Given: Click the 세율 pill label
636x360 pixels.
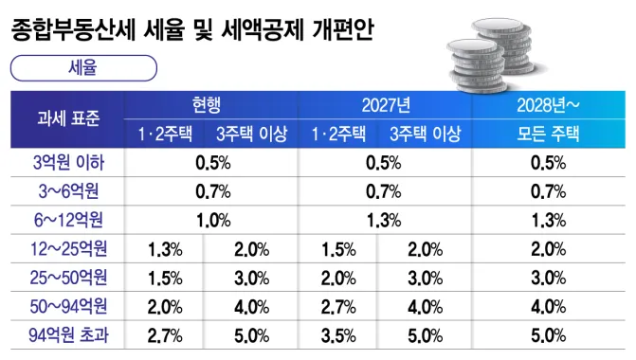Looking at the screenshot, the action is [x=83, y=67].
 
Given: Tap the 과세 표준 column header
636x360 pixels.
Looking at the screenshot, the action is [x=68, y=118].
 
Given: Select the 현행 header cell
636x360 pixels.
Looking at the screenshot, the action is [x=207, y=105].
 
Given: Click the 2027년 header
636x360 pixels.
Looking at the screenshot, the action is [x=386, y=105].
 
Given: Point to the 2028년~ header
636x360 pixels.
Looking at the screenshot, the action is [x=548, y=105].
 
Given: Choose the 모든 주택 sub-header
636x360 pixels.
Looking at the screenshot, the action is [x=548, y=134].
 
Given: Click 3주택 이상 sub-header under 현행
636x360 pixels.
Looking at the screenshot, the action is [x=251, y=134].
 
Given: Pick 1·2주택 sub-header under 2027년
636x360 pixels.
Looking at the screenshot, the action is [x=338, y=134].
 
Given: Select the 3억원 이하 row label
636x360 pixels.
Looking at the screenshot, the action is [x=68, y=163].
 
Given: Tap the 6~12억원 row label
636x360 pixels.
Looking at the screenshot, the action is [x=68, y=220].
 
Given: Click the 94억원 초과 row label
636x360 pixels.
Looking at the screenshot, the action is [x=68, y=335].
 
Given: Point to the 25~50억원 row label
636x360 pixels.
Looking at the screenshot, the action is [x=68, y=278].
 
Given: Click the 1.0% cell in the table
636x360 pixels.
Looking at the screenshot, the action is [x=213, y=221].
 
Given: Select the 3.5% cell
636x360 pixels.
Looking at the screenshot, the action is [x=338, y=335].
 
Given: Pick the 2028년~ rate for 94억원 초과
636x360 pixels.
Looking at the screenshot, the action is [x=549, y=335].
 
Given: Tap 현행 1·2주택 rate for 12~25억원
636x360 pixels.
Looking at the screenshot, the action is [x=165, y=249].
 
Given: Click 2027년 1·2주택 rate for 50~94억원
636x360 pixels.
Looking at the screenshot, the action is [x=338, y=307].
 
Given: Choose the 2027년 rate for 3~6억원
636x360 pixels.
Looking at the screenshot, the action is [x=383, y=191].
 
